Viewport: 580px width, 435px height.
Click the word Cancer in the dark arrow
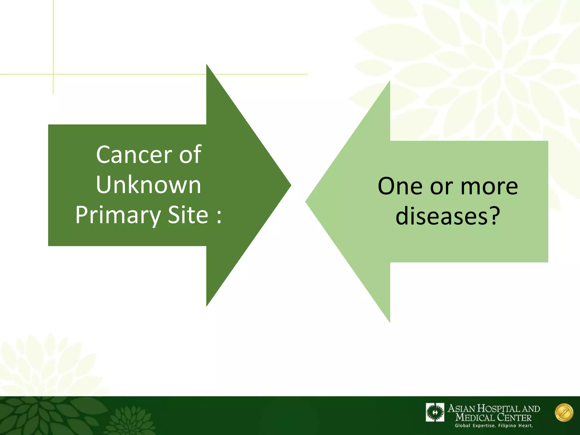point(134,155)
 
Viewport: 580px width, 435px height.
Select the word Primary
point(118,215)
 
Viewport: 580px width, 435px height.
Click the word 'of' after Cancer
point(190,155)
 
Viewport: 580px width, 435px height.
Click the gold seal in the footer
point(564,413)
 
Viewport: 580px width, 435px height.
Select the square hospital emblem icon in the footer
point(435,412)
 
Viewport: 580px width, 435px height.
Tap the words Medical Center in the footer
point(493,417)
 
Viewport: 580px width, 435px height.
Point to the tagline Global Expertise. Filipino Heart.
point(494,426)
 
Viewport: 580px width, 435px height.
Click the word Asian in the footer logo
point(461,409)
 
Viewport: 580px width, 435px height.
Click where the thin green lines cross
point(53,74)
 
